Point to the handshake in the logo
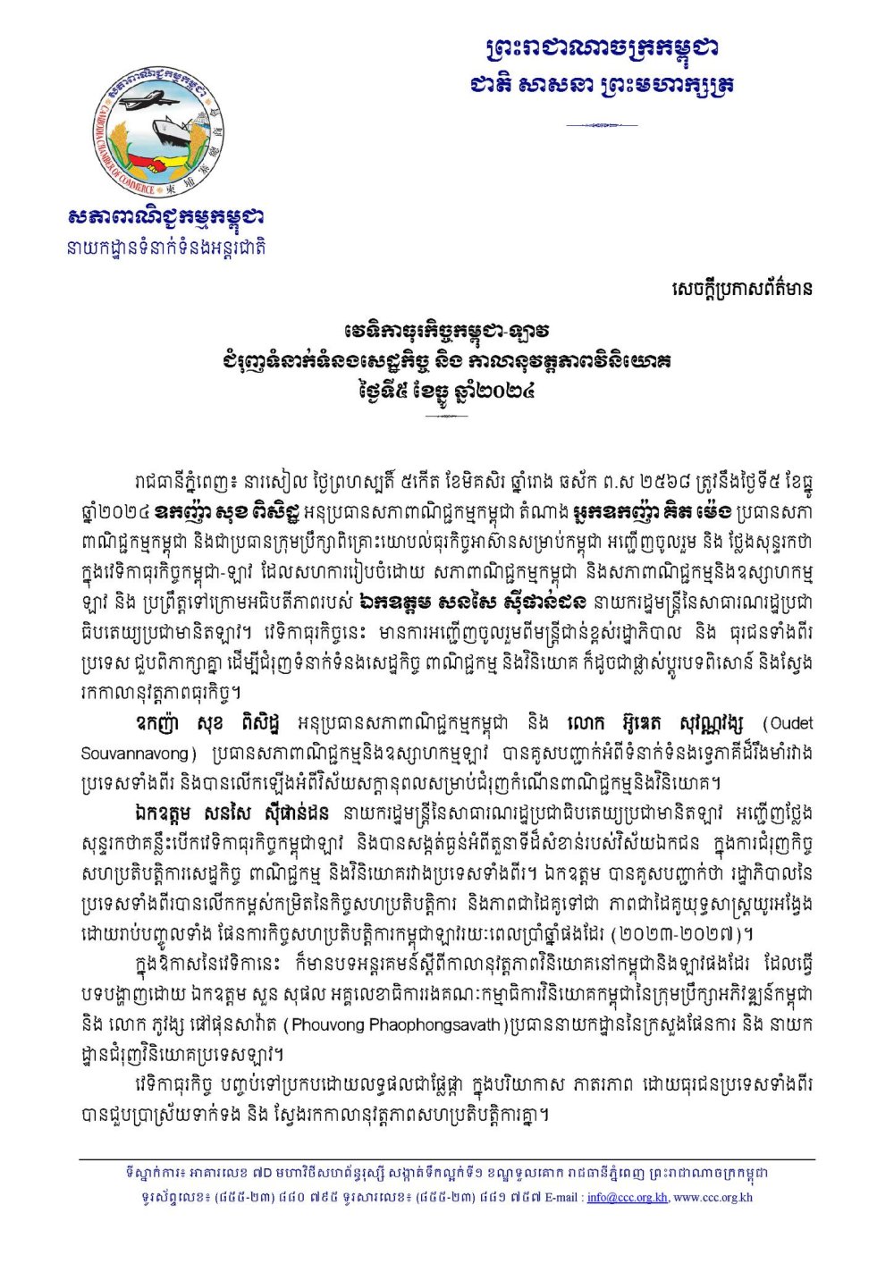pos(161,164)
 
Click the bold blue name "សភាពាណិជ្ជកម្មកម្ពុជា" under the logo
pos(166,217)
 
